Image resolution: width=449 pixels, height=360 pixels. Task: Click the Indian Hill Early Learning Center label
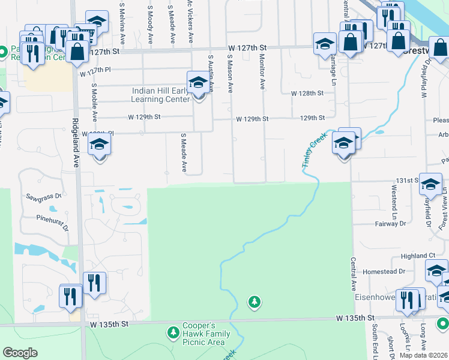[x=160, y=95]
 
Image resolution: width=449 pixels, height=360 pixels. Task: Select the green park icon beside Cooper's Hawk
[x=173, y=332]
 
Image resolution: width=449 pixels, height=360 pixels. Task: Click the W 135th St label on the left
[x=110, y=324]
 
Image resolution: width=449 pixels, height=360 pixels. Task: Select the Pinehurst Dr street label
[x=53, y=223]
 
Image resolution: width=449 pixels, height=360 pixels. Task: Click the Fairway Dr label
[x=391, y=223]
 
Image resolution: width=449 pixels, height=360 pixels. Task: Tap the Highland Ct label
[x=414, y=256]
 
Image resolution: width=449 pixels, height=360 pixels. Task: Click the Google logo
[x=20, y=353]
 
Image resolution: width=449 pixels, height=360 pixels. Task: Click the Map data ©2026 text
[x=423, y=355]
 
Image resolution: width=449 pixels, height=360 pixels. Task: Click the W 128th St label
[x=307, y=94]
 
